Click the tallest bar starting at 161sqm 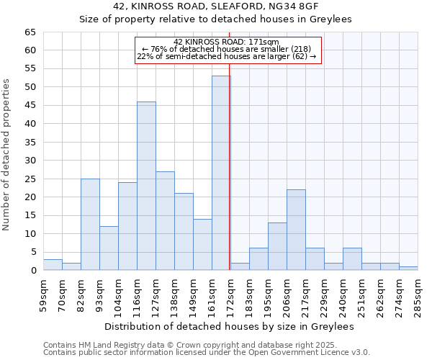(221, 173)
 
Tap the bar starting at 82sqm (90, 224)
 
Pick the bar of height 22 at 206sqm (296, 230)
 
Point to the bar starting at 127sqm (165, 220)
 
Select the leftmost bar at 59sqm (53, 264)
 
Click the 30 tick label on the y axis (30, 161)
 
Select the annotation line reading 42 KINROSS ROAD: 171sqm (226, 42)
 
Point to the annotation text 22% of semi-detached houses (226, 56)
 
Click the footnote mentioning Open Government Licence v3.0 (207, 352)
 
